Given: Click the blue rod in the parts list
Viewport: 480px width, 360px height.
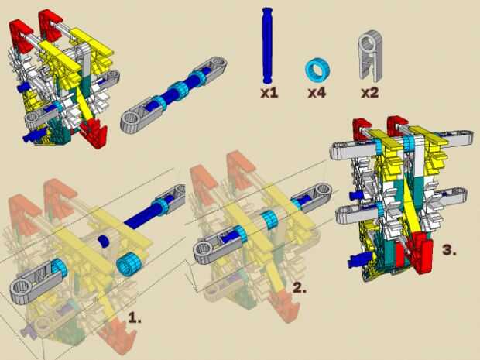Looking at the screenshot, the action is point(267,45).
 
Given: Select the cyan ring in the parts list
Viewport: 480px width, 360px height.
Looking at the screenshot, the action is point(317,70).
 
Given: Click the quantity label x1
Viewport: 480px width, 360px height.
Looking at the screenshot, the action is point(269,93).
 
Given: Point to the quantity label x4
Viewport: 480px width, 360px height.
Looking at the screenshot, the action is point(317,93).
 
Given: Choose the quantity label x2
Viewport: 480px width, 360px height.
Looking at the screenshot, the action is point(370,93).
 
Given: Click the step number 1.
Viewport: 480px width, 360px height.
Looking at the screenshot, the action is point(135,318).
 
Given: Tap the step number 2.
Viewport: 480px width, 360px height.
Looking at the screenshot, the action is point(300,288).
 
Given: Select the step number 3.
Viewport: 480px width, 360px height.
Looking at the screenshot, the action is point(449,250).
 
